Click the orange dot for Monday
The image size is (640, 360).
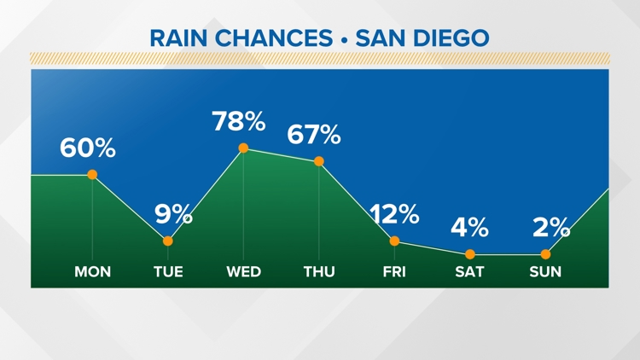[92, 175]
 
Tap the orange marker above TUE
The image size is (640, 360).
[168, 241]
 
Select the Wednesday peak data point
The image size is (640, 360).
[243, 148]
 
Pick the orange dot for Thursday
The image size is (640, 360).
[319, 161]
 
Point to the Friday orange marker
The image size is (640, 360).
[394, 241]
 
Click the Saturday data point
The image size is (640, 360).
[470, 254]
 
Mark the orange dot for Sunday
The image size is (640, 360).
[545, 254]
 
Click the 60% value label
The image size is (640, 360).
[87, 148]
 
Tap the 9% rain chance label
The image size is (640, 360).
[173, 213]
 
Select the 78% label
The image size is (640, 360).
[239, 121]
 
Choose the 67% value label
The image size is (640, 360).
[314, 134]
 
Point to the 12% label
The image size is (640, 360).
[394, 213]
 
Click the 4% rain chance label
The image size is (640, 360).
[470, 227]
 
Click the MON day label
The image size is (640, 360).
[92, 272]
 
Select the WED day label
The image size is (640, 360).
[243, 272]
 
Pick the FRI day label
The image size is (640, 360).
[394, 272]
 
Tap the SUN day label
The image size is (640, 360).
[545, 272]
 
